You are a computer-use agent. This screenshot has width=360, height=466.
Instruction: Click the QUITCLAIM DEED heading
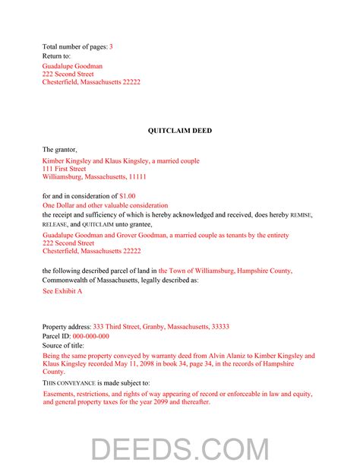180,131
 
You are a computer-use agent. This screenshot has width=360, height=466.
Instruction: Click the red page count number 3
111,47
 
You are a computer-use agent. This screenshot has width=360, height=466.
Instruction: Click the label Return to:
57,56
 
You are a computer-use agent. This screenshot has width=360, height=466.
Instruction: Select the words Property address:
67,327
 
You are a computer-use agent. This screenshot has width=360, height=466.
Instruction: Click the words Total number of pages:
74,47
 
